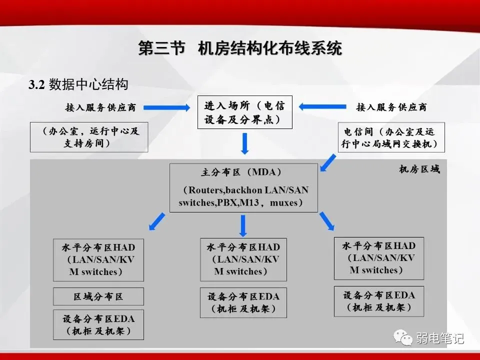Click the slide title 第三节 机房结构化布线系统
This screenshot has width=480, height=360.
click(x=240, y=49)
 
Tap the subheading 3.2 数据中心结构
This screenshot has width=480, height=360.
click(x=78, y=84)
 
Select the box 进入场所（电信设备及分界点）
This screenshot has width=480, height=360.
click(x=244, y=112)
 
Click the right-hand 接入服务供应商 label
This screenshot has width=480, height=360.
click(x=391, y=107)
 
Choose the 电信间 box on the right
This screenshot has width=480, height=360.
click(x=391, y=137)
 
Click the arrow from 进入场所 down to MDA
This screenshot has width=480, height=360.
click(x=244, y=144)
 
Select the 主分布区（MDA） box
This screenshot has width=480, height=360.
click(x=243, y=187)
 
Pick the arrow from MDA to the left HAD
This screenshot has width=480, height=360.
click(x=157, y=221)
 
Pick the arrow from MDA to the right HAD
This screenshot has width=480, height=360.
click(x=327, y=221)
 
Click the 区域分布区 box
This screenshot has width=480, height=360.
click(x=98, y=296)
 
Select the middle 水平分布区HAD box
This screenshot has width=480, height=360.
click(x=243, y=259)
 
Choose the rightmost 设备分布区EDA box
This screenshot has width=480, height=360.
click(x=379, y=301)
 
